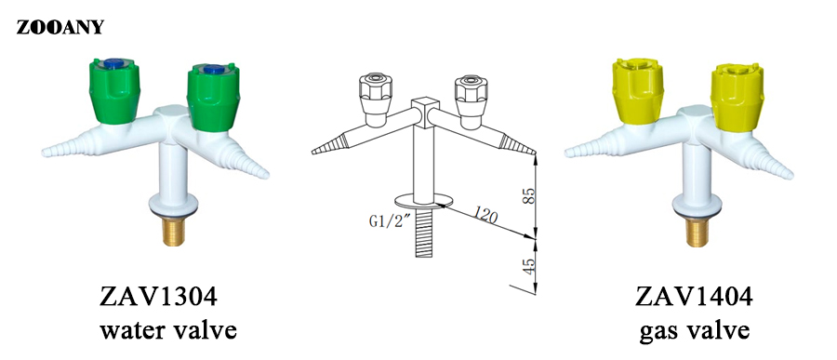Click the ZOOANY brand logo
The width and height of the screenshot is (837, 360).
coord(60,27)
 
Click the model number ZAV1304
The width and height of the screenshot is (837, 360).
coord(158,297)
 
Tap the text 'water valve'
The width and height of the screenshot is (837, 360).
coord(168,330)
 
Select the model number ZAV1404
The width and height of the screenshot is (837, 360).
coord(694,297)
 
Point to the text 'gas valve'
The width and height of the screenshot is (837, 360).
coord(694,331)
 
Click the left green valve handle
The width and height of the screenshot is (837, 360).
coord(114,91)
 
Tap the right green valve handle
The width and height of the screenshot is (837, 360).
coord(213,98)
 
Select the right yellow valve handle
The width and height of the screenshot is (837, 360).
coord(737,96)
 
